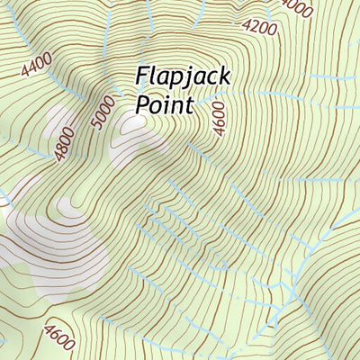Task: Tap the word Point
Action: (x=165, y=105)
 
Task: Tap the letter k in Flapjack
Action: (x=225, y=76)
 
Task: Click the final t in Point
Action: (x=191, y=105)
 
